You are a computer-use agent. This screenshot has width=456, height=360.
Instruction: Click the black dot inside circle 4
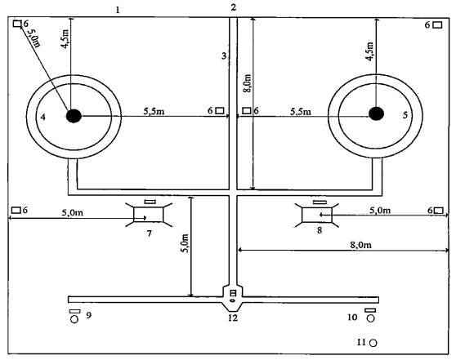(74, 116)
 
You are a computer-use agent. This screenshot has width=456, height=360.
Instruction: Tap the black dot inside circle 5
(376, 113)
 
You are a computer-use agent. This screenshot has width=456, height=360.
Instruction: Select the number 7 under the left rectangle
(150, 233)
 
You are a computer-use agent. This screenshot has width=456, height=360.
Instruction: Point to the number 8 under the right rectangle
(320, 230)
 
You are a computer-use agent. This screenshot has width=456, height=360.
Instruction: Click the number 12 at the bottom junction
(233, 318)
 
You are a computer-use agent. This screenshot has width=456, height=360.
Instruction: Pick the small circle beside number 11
(373, 343)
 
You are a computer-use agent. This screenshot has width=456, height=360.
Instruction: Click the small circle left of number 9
(74, 319)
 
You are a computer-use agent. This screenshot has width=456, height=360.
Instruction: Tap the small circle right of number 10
(370, 318)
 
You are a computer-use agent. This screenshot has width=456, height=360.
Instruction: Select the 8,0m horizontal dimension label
(361, 245)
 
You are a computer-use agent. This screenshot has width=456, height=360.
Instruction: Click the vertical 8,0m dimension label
(248, 83)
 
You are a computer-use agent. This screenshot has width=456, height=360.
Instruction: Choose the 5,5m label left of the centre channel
(154, 111)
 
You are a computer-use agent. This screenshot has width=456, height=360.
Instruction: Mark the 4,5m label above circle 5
(369, 51)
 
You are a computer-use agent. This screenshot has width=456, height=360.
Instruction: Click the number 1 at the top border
(118, 11)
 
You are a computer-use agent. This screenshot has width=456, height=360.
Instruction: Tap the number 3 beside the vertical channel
(224, 56)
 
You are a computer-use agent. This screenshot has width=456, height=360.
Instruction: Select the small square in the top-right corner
(437, 25)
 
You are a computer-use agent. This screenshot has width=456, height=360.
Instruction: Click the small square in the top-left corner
(17, 23)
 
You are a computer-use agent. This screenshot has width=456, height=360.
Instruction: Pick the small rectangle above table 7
(150, 202)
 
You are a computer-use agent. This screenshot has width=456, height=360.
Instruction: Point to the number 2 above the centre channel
(234, 7)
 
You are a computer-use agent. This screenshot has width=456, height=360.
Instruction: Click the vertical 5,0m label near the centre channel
(186, 243)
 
